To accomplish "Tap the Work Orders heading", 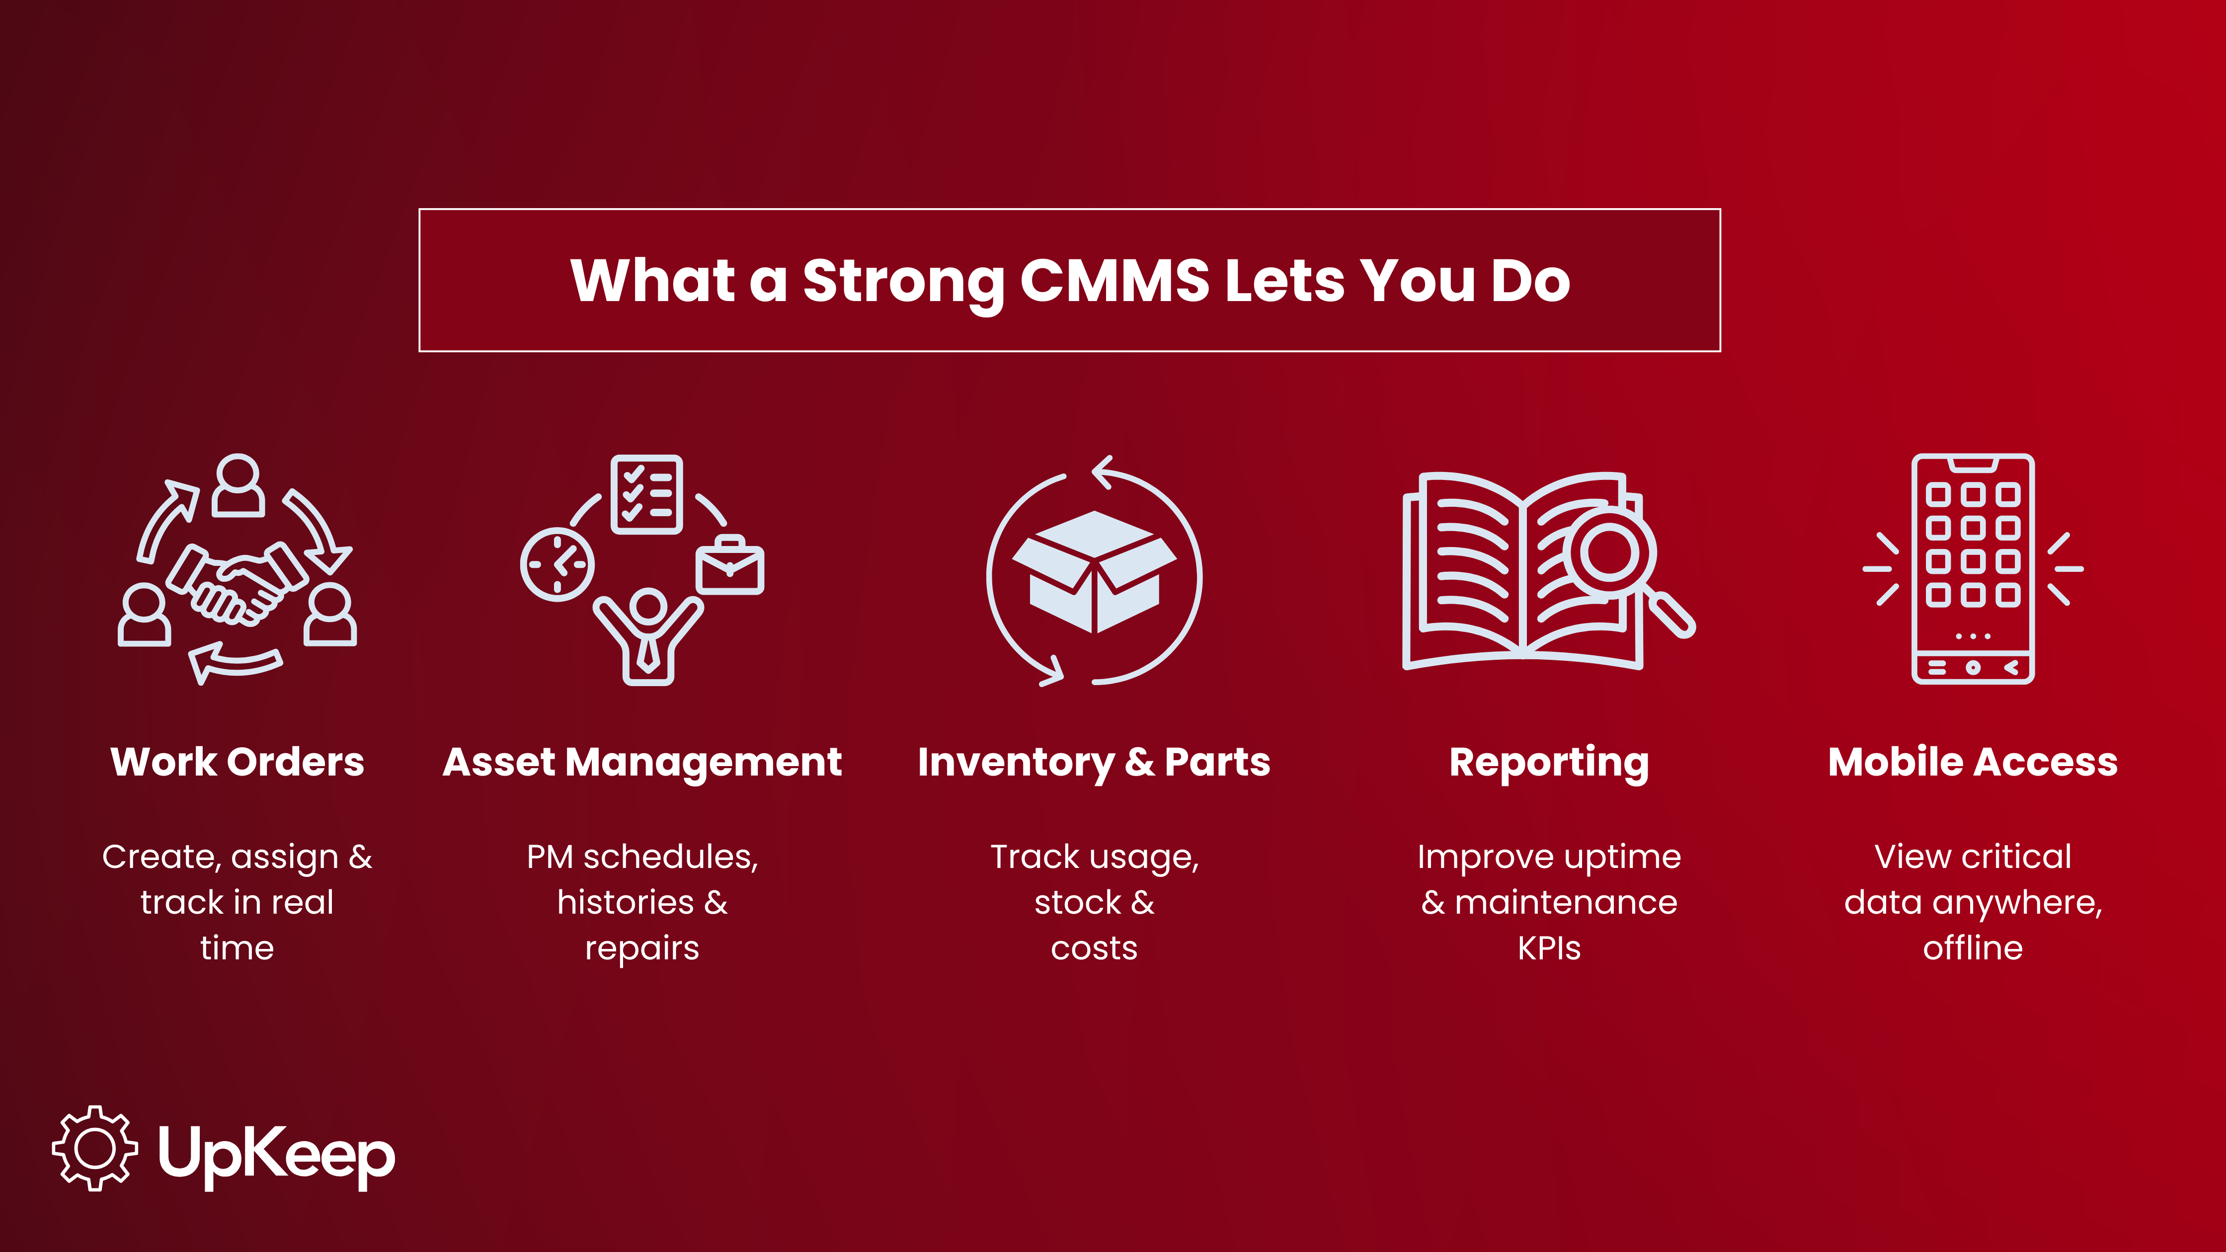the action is tap(238, 762).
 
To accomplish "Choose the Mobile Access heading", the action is tap(1973, 762).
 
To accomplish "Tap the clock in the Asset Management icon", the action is tap(557, 564).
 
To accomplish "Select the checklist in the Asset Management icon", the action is tap(646, 494).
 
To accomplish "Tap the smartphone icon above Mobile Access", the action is tap(1973, 568).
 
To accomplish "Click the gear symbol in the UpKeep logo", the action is tap(95, 1148).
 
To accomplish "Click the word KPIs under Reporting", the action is tap(1549, 948).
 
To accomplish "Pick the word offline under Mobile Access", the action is tap(1973, 948).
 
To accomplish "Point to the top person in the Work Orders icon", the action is tap(238, 485).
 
